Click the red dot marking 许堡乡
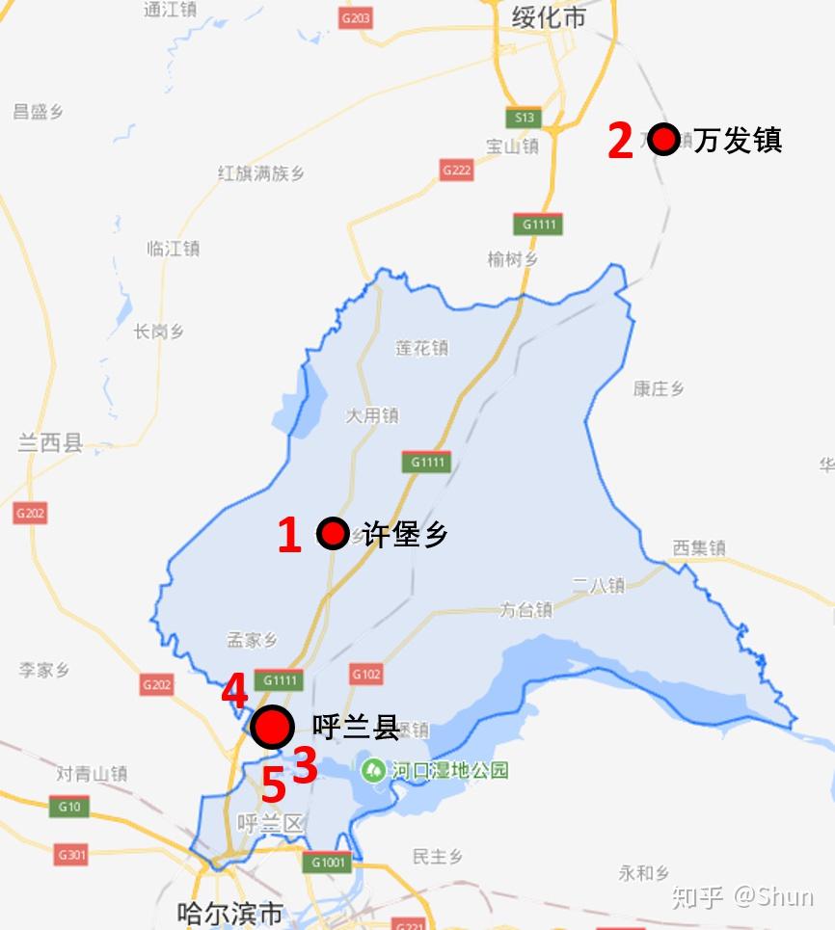coord(333,533)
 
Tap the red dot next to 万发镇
coord(663,140)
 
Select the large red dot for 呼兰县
coord(272,727)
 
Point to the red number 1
coord(289,535)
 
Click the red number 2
coord(620,141)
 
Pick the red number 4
coord(234,692)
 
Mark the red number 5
coord(274,786)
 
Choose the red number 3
coord(305,766)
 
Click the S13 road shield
coord(524,118)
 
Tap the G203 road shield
coord(356,18)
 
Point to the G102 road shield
coord(365,675)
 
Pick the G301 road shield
coord(71,854)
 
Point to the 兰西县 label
coord(50,443)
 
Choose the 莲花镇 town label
coord(421,348)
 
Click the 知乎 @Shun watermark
coord(742,896)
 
